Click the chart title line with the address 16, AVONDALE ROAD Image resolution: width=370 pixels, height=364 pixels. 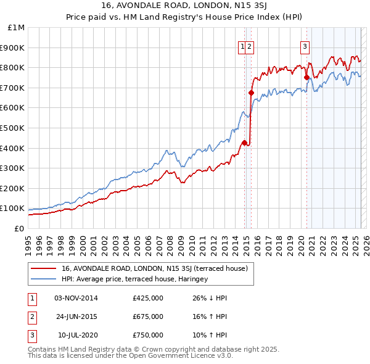184,6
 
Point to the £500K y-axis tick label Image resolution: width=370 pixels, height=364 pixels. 12,128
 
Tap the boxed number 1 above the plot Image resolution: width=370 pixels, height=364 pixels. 243,45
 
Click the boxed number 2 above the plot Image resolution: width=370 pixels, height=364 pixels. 251,45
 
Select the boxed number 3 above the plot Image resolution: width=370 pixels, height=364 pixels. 305,45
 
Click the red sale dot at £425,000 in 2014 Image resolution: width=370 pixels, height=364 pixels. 244,143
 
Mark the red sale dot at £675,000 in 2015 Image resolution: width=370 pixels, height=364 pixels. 251,93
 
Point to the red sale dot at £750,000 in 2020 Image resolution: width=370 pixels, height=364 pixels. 306,78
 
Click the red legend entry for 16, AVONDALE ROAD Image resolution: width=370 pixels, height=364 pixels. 154,268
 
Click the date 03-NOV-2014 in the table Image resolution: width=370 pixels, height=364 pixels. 76,298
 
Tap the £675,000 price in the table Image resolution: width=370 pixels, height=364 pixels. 148,316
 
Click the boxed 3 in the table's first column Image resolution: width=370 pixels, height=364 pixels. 31,335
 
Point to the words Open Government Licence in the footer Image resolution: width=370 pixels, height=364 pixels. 179,356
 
